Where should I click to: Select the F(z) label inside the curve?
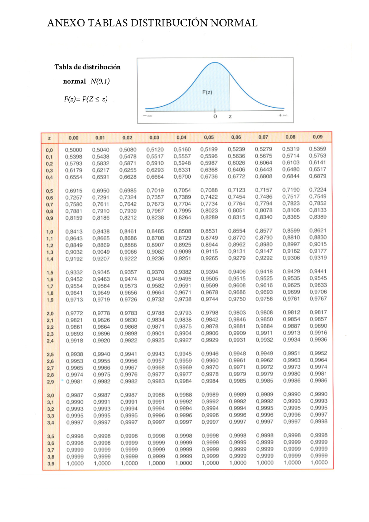tap(207, 92)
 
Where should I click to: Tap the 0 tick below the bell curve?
tap(215, 117)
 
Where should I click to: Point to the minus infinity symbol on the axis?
tap(148, 116)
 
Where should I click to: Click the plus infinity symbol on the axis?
tap(283, 115)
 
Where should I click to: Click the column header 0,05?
tap(209, 137)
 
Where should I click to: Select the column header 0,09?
tap(318, 137)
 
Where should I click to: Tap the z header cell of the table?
tap(50, 138)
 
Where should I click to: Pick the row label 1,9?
tap(50, 300)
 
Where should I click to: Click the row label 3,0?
tap(50, 396)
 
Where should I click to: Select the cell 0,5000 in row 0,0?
tap(73, 150)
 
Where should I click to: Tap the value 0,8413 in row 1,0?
tap(74, 231)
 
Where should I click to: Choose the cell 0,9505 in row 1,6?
tap(210, 279)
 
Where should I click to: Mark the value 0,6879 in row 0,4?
tap(318, 176)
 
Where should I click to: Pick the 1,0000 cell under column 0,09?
tap(319, 463)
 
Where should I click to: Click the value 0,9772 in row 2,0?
tap(74, 313)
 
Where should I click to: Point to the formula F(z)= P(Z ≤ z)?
tap(86, 99)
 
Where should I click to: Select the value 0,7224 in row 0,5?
tap(318, 190)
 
